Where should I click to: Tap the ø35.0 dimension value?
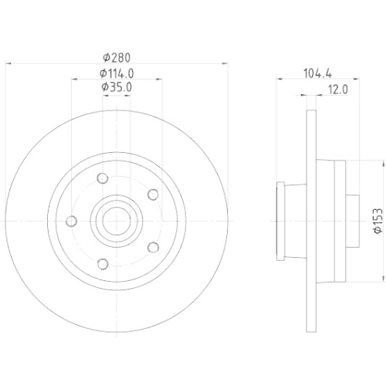(x=117, y=88)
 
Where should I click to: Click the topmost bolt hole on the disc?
(x=103, y=179)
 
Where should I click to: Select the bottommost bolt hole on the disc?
(x=103, y=262)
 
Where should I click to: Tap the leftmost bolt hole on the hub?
(x=72, y=221)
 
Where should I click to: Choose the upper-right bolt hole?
(x=152, y=195)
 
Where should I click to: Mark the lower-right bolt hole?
(x=152, y=247)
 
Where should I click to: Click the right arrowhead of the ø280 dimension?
(x=225, y=63)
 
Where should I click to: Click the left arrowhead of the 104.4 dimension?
(x=278, y=80)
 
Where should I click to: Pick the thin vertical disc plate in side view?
(x=312, y=221)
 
